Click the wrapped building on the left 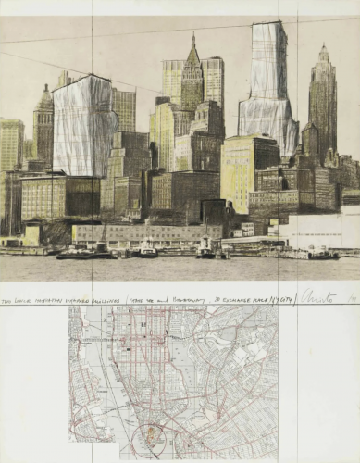(83, 125)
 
